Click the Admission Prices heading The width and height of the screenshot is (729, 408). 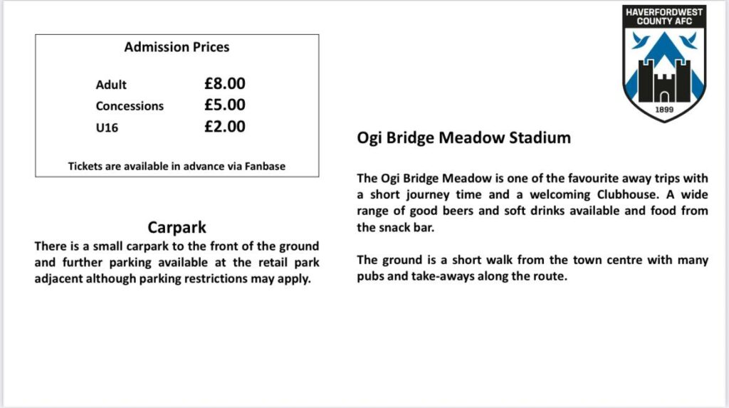coord(177,48)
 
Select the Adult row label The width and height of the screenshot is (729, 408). coord(111,85)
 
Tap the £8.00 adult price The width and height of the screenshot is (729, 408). coord(224,84)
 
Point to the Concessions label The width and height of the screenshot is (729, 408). coord(130,106)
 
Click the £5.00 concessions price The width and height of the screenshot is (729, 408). coord(224,105)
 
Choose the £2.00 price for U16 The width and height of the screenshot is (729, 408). coord(224,127)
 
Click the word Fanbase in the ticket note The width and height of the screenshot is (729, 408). coord(261,166)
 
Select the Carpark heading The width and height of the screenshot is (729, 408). coord(177,227)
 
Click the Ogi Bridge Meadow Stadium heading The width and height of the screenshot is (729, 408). coord(463,138)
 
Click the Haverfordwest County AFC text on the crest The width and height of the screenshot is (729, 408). coord(664,16)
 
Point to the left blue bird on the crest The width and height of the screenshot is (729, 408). coord(640,41)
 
